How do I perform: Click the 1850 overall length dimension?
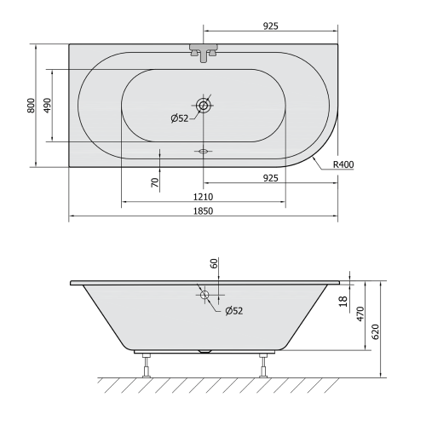(204, 210)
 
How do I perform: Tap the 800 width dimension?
(30, 105)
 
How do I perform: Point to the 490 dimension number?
(48, 105)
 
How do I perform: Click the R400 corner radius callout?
(343, 164)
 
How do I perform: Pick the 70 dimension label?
(154, 181)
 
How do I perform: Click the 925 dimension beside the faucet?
(270, 26)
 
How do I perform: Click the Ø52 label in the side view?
(233, 310)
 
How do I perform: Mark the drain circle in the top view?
(204, 106)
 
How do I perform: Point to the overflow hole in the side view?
(204, 295)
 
